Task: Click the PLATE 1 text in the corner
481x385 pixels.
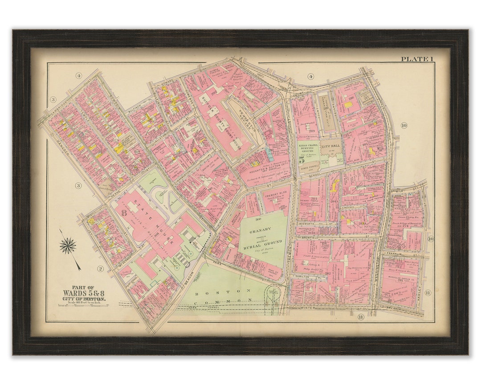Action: point(417,59)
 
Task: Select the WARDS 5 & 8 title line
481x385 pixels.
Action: point(84,293)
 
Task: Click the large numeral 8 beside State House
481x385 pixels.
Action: point(123,212)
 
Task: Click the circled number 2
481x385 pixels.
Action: point(101,268)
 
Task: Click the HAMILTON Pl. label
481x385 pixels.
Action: point(304,277)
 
